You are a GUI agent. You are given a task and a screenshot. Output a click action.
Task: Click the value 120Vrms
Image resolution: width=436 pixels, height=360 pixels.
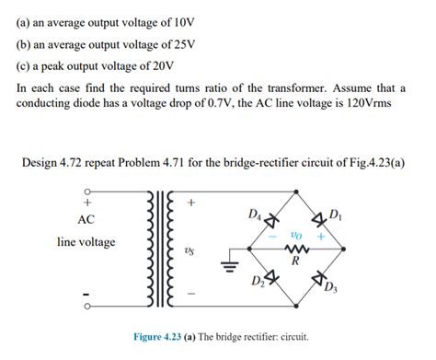point(365,103)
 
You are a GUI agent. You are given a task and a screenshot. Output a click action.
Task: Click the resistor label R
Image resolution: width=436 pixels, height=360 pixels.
point(296,261)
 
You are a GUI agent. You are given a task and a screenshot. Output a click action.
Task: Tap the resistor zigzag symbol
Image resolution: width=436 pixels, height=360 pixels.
point(296,247)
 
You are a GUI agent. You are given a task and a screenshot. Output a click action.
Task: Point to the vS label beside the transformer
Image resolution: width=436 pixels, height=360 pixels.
point(189,249)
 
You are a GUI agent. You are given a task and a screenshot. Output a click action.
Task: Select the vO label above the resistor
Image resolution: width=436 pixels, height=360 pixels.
point(295,234)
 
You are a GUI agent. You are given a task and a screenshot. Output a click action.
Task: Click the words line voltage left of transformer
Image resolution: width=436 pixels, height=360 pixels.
point(86,242)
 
